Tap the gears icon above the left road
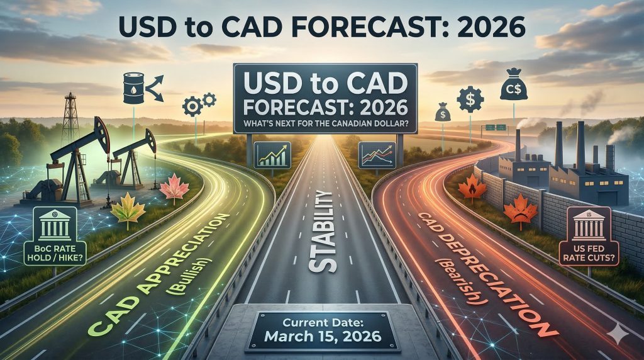pos(199,103)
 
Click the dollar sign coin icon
pos(470,99)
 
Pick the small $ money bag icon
pos(443,113)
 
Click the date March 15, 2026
pos(322,335)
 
